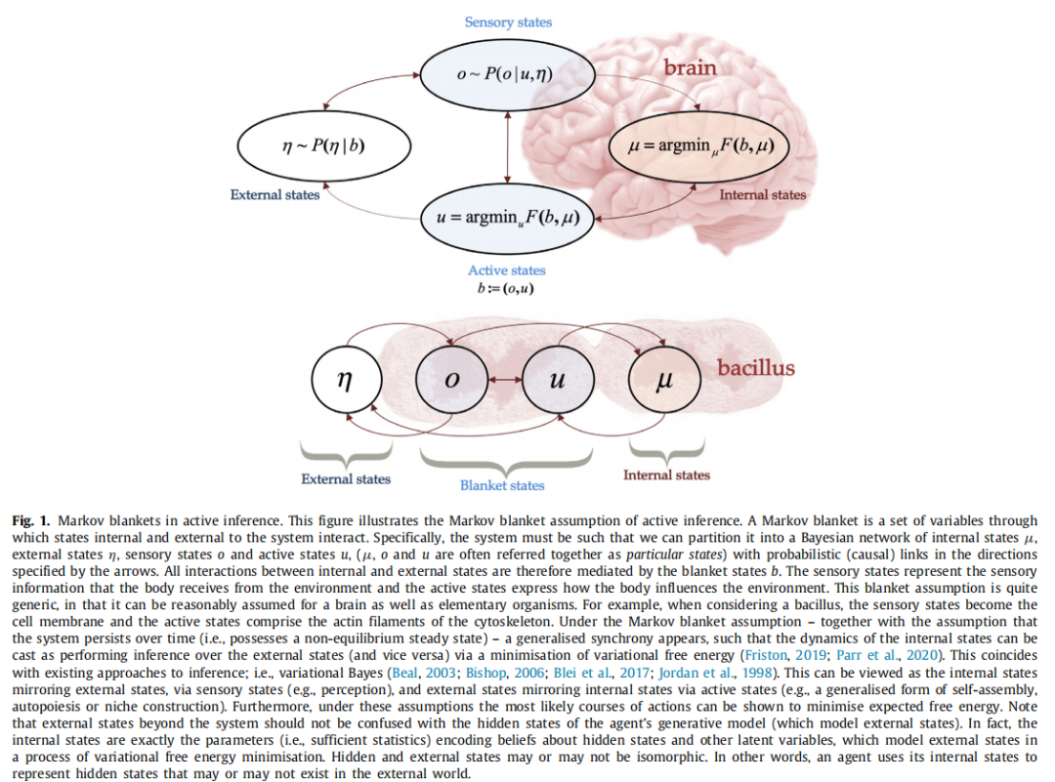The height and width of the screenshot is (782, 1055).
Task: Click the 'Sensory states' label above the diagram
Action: (508, 21)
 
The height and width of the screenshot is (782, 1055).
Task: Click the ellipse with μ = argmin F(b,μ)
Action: (697, 146)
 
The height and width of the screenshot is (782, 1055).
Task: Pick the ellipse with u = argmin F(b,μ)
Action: (508, 216)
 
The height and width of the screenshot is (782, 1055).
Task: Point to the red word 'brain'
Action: (690, 67)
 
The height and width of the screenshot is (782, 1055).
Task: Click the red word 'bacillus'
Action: (755, 368)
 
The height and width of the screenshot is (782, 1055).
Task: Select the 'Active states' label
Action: (506, 270)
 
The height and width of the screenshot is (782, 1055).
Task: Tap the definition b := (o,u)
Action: (506, 288)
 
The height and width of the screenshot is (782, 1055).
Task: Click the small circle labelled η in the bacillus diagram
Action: (344, 380)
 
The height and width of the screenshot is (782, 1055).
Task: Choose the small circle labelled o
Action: (450, 380)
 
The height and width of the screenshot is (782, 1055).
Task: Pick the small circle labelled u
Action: (557, 380)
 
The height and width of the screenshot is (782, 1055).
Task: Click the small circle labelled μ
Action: (664, 380)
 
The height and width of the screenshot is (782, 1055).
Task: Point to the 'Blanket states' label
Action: (502, 485)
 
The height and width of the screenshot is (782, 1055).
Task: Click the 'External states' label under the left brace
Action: (346, 479)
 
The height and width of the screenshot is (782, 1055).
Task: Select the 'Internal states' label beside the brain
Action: (763, 195)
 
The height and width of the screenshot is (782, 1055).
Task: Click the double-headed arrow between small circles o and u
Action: (504, 380)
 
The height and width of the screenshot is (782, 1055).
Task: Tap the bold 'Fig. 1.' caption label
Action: (29, 521)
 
